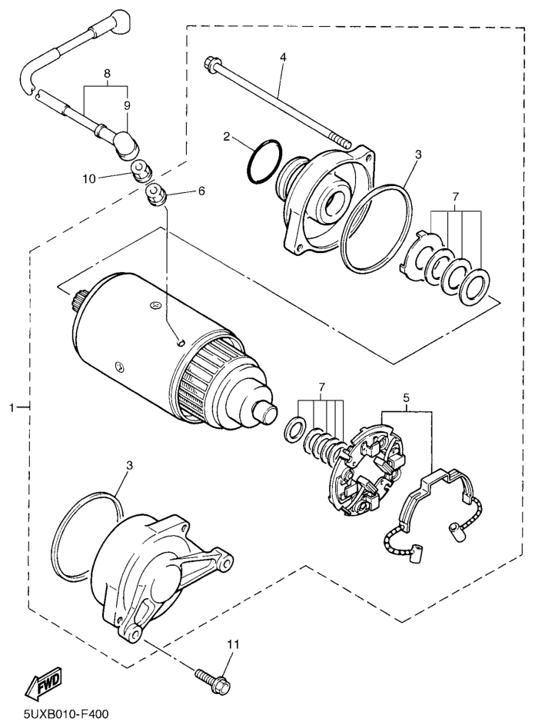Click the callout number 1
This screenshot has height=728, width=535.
tap(12, 407)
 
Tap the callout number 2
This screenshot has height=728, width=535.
tap(226, 136)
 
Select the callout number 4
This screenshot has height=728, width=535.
tap(283, 58)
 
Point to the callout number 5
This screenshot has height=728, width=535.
tap(406, 397)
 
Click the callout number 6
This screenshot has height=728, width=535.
tap(201, 191)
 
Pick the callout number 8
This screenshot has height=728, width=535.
tap(107, 73)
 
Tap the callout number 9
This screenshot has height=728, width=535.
tap(127, 106)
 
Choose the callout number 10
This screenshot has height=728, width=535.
tap(90, 178)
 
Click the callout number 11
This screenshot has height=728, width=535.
tap(233, 644)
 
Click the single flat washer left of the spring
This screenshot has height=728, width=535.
tap(294, 428)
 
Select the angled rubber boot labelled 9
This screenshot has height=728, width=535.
tap(125, 145)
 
